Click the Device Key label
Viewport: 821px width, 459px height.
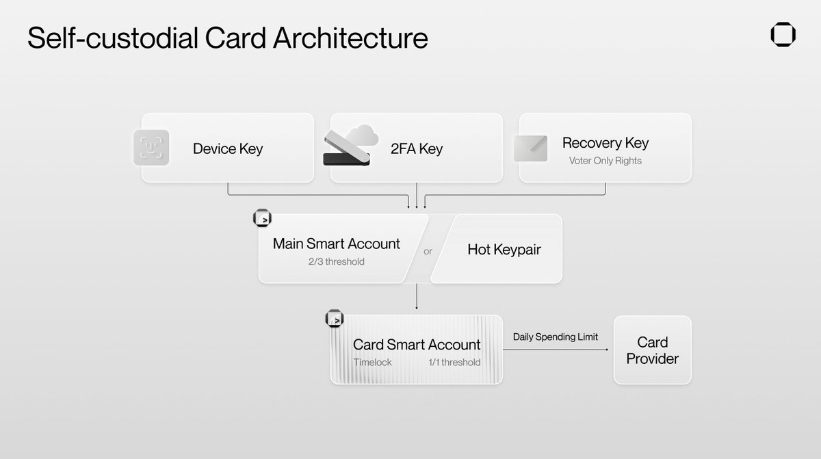click(x=227, y=148)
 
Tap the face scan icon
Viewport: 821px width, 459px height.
click(x=151, y=148)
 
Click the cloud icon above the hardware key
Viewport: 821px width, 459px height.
click(x=361, y=135)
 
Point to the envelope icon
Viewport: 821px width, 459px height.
click(x=530, y=148)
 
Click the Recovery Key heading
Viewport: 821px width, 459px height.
click(x=605, y=143)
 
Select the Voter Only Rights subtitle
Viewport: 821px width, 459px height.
click(x=605, y=161)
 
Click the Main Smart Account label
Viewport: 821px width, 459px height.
click(x=336, y=244)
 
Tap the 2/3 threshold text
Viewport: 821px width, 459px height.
click(x=336, y=261)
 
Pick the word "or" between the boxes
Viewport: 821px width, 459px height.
click(x=428, y=251)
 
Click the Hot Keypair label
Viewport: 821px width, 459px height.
click(x=504, y=250)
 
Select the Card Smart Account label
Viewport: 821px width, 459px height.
click(x=416, y=345)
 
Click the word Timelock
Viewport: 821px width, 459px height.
click(x=372, y=363)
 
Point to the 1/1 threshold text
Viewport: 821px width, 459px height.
click(x=454, y=363)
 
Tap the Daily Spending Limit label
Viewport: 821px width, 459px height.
click(x=555, y=337)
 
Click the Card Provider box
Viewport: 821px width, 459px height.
click(x=652, y=350)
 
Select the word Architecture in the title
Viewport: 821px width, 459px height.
click(x=350, y=38)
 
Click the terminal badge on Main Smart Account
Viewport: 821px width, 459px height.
click(x=263, y=219)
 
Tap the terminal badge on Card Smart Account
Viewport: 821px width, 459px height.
click(x=335, y=319)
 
